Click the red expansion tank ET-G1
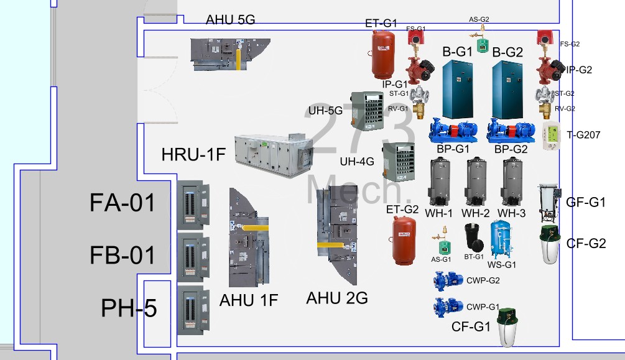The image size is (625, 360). [383, 52]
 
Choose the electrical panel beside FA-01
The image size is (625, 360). [193, 203]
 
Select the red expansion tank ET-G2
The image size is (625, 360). [403, 241]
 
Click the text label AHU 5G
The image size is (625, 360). [231, 19]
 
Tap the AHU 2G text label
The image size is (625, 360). [337, 298]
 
